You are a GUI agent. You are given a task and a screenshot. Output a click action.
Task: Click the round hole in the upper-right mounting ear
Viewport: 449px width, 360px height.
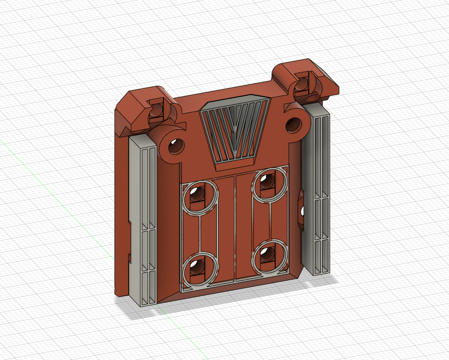293,124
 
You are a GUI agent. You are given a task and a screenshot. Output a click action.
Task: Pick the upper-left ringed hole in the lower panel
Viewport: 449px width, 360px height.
199,195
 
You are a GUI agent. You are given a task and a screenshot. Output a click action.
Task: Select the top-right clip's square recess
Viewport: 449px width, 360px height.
304,84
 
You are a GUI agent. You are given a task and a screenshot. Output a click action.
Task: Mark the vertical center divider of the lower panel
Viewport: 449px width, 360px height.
236,228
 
